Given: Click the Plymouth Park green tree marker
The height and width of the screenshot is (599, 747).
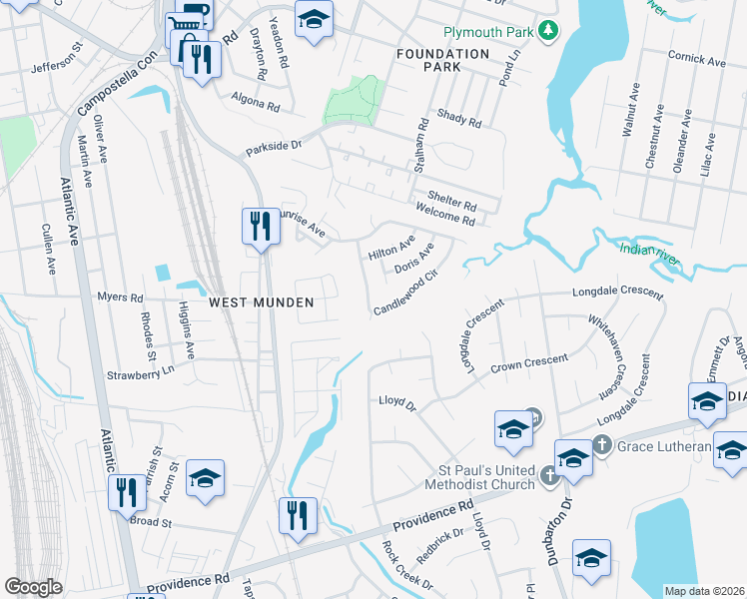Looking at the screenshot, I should point(546,32).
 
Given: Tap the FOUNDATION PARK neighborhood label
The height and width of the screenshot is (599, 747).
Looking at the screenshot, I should point(442,60).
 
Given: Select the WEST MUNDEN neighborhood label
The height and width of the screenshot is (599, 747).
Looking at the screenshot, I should point(261,301).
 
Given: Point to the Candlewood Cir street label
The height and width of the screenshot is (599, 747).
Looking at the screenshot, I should point(406,294).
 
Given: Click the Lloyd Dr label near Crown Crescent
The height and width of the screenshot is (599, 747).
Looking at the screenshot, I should point(396,401).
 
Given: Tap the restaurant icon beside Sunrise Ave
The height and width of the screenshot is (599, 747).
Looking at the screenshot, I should point(261,226).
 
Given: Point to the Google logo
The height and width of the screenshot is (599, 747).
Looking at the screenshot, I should point(33,587).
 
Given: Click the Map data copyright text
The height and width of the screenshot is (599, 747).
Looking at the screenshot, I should point(705,591).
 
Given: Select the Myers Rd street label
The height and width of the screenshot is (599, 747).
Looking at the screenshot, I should point(121,298).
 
